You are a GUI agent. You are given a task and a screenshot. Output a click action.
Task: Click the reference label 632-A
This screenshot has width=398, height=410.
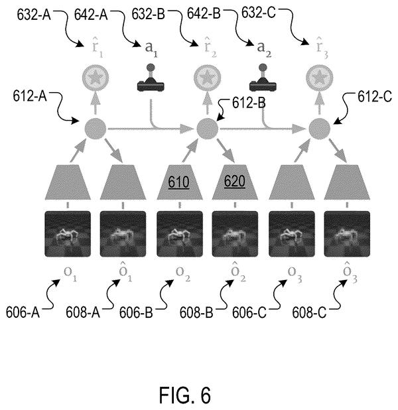(34, 15)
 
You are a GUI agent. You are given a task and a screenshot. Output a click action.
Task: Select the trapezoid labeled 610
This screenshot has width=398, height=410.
(180, 182)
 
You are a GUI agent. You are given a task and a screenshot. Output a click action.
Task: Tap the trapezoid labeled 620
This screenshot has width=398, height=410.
(235, 182)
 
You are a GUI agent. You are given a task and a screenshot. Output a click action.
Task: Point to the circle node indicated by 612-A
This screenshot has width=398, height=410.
(95, 129)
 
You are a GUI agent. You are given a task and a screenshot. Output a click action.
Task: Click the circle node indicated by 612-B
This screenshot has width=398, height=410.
(208, 129)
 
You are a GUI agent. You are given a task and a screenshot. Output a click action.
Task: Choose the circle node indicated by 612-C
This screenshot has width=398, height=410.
(320, 129)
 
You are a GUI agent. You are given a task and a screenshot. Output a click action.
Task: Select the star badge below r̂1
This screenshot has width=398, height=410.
(96, 78)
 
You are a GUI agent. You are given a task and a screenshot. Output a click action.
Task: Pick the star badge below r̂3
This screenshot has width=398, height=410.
(320, 78)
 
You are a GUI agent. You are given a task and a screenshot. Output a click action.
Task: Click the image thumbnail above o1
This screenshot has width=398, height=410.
(68, 234)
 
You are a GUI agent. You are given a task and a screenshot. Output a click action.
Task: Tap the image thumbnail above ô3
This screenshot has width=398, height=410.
(347, 234)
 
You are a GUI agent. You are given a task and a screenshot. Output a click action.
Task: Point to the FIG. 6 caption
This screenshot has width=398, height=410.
(185, 395)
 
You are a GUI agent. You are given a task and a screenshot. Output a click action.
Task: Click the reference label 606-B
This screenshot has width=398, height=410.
(136, 312)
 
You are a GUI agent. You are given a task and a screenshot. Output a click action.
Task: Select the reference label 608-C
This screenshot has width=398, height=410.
(309, 312)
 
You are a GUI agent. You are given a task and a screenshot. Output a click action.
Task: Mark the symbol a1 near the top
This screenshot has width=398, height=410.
(151, 48)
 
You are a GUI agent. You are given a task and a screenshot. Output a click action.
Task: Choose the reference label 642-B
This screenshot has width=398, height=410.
(204, 13)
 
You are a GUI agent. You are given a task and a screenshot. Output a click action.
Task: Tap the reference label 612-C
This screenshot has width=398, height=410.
(375, 97)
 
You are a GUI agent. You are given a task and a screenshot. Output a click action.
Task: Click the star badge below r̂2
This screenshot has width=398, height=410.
(208, 78)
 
